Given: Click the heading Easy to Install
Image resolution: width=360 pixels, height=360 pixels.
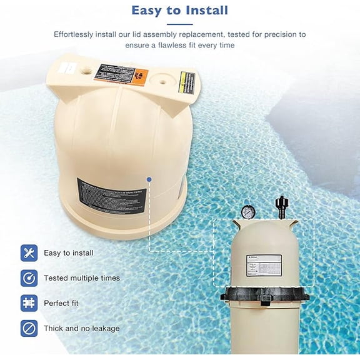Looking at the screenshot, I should (180, 11).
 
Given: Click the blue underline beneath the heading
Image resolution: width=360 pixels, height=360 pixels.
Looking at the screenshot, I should (180, 24).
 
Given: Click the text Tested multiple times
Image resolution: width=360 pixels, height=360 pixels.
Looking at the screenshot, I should (81, 278).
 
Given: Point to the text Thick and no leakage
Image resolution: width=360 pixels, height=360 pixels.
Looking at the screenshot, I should (81, 328).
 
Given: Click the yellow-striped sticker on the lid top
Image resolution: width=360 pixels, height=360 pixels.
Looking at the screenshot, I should (186, 82).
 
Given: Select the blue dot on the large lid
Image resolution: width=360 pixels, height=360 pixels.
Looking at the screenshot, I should (149, 179).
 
